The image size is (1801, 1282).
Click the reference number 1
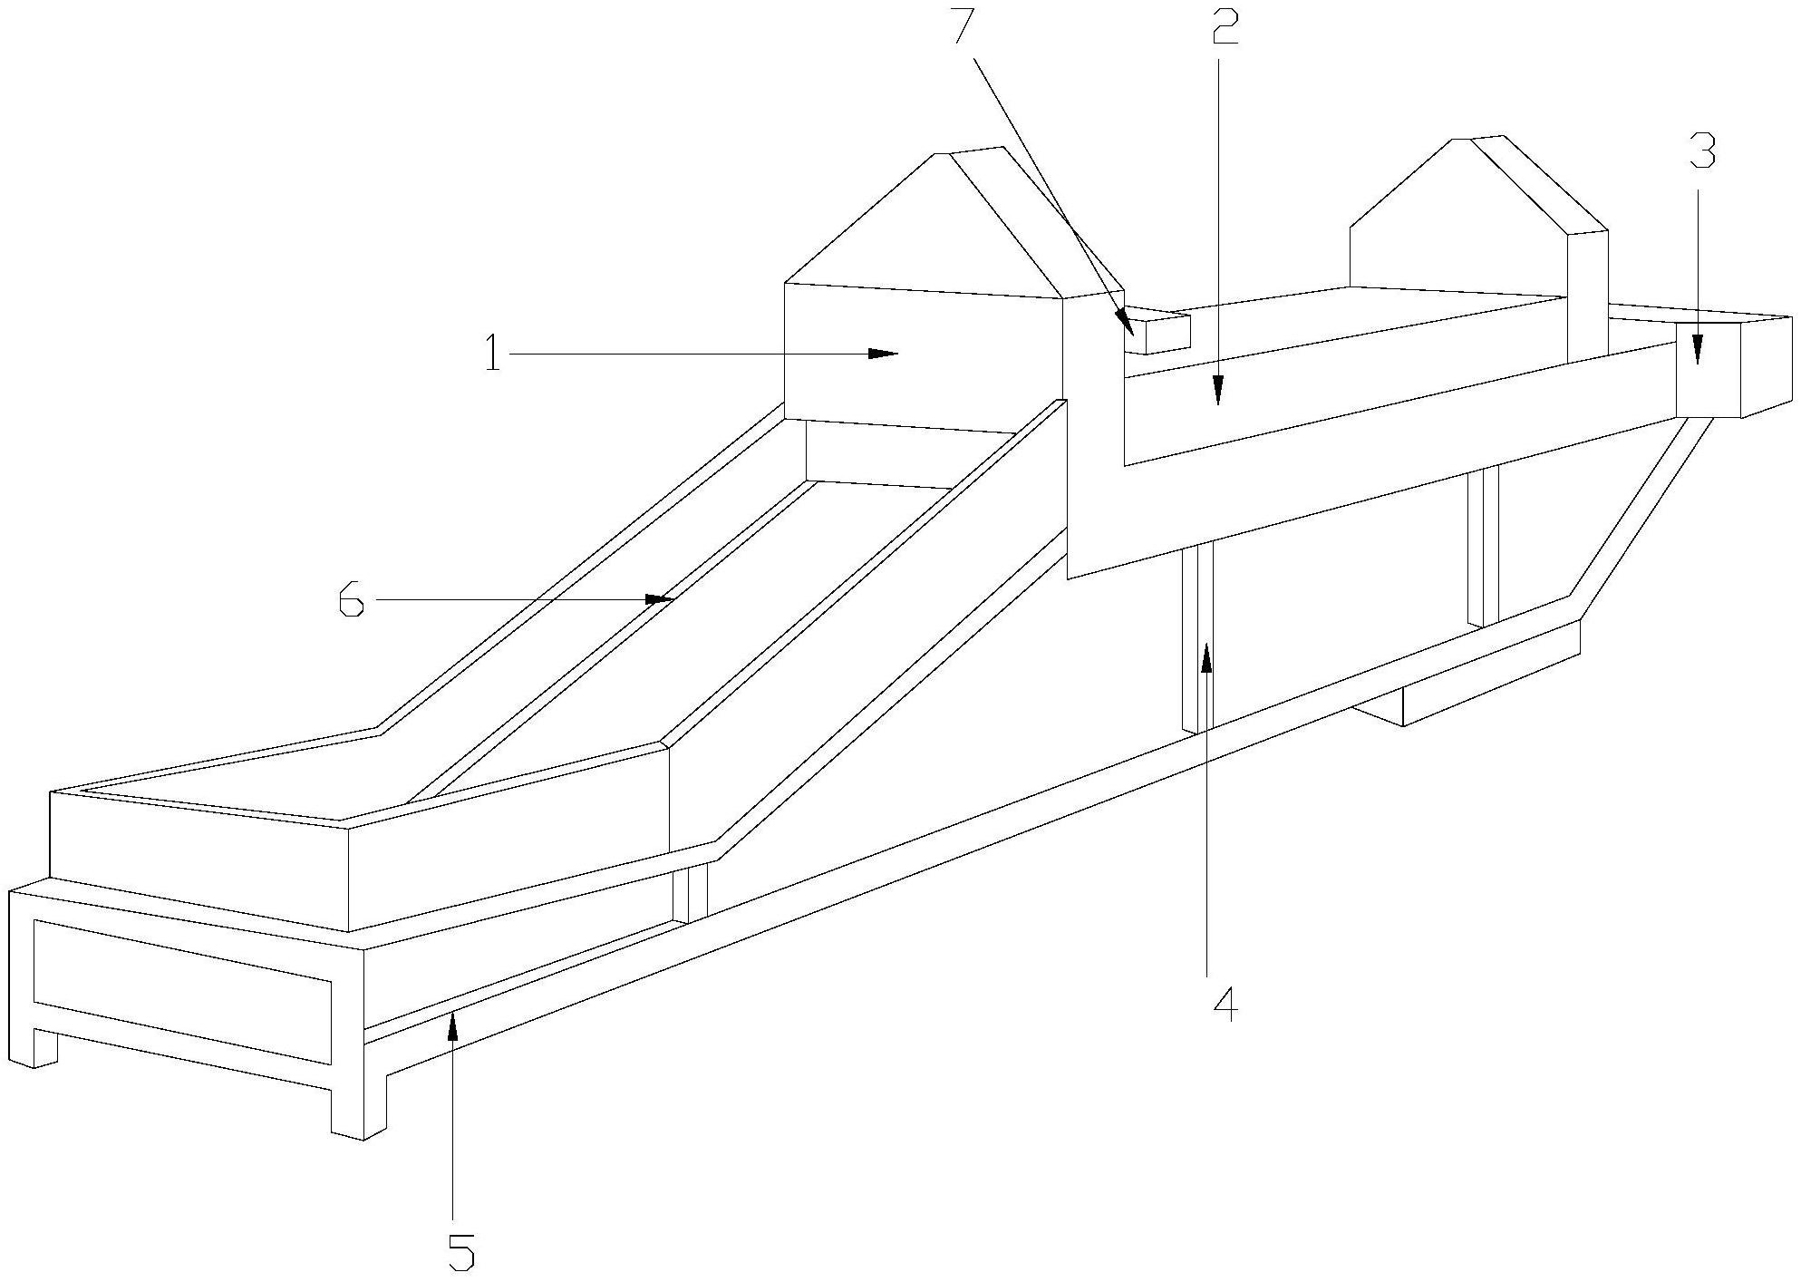(492, 354)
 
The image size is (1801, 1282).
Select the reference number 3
(1701, 152)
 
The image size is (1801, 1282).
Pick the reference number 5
(461, 1252)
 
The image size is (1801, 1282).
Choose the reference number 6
(352, 600)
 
